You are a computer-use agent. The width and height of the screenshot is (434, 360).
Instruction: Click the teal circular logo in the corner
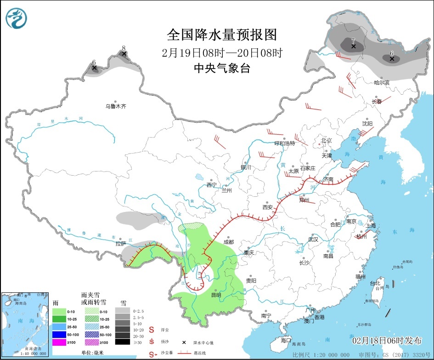pos(17,18)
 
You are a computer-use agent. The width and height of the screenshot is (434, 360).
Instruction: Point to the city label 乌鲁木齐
pos(115,106)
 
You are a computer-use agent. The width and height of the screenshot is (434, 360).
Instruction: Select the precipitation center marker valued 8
pos(123,54)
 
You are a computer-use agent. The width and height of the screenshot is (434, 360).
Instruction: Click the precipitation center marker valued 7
pos(353,46)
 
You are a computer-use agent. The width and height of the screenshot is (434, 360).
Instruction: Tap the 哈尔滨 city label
pos(381,83)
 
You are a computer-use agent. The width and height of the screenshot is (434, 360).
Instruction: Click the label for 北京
pos(326,140)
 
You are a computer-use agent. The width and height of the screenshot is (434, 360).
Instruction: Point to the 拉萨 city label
pos(121,243)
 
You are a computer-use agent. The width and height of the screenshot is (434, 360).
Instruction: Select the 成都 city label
pos(228,242)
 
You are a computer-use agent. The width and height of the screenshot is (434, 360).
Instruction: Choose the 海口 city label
pos(286,340)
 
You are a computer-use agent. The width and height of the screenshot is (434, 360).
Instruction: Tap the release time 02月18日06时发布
pos(387,341)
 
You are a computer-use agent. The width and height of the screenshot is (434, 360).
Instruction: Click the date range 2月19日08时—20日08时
pos(222,52)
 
